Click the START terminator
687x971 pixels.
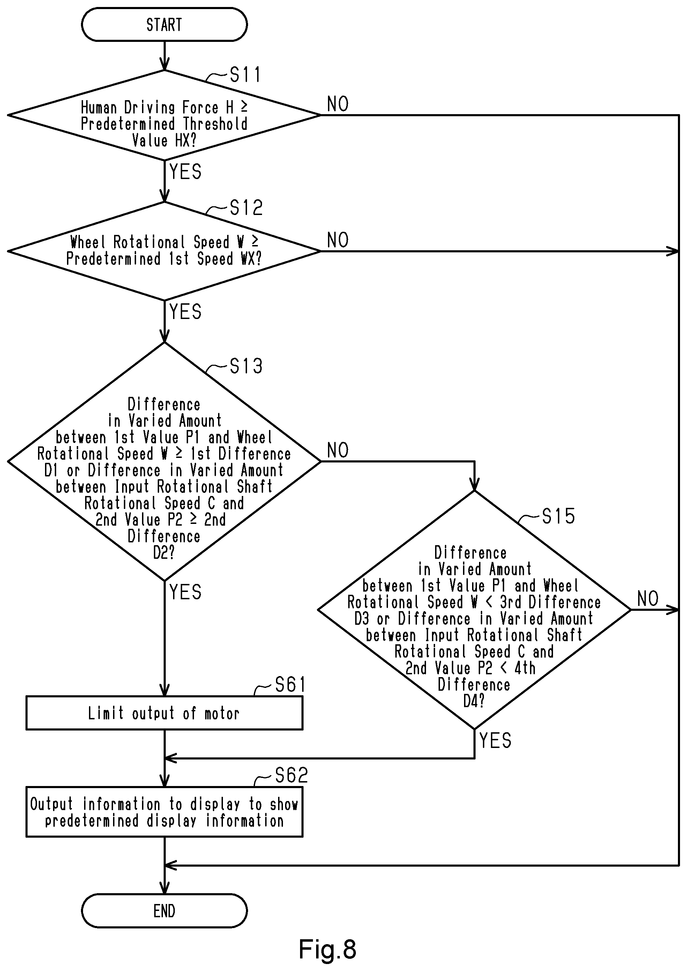pos(164,24)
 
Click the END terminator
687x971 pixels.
pos(164,911)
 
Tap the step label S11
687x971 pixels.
pos(245,75)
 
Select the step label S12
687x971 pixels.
pos(246,208)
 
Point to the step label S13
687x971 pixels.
pos(246,366)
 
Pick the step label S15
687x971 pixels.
pos(558,516)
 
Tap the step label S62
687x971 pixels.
pos(291,776)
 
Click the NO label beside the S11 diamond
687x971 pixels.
pos(338,104)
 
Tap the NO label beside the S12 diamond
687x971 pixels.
pos(338,240)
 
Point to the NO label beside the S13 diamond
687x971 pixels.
pos(338,451)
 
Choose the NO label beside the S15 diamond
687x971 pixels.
pos(648,599)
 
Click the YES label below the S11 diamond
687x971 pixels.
pos(185,172)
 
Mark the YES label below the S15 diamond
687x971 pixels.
pos(495,740)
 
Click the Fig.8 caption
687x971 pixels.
pos(327,949)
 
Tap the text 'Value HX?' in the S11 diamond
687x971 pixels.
pos(164,140)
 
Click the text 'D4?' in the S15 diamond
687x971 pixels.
pos(474,701)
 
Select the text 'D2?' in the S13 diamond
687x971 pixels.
pos(164,553)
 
